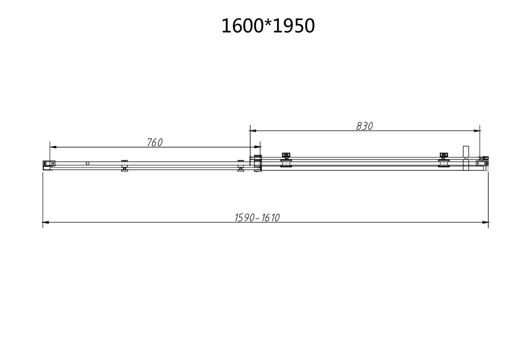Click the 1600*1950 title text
(268, 26)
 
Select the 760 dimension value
(155, 142)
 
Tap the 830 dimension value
(365, 126)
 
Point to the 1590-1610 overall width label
(257, 218)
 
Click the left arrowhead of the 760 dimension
(53, 147)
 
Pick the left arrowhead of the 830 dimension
(253, 131)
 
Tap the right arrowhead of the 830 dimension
(476, 131)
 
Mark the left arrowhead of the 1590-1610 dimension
(46, 222)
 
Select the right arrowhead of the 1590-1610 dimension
(485, 222)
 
